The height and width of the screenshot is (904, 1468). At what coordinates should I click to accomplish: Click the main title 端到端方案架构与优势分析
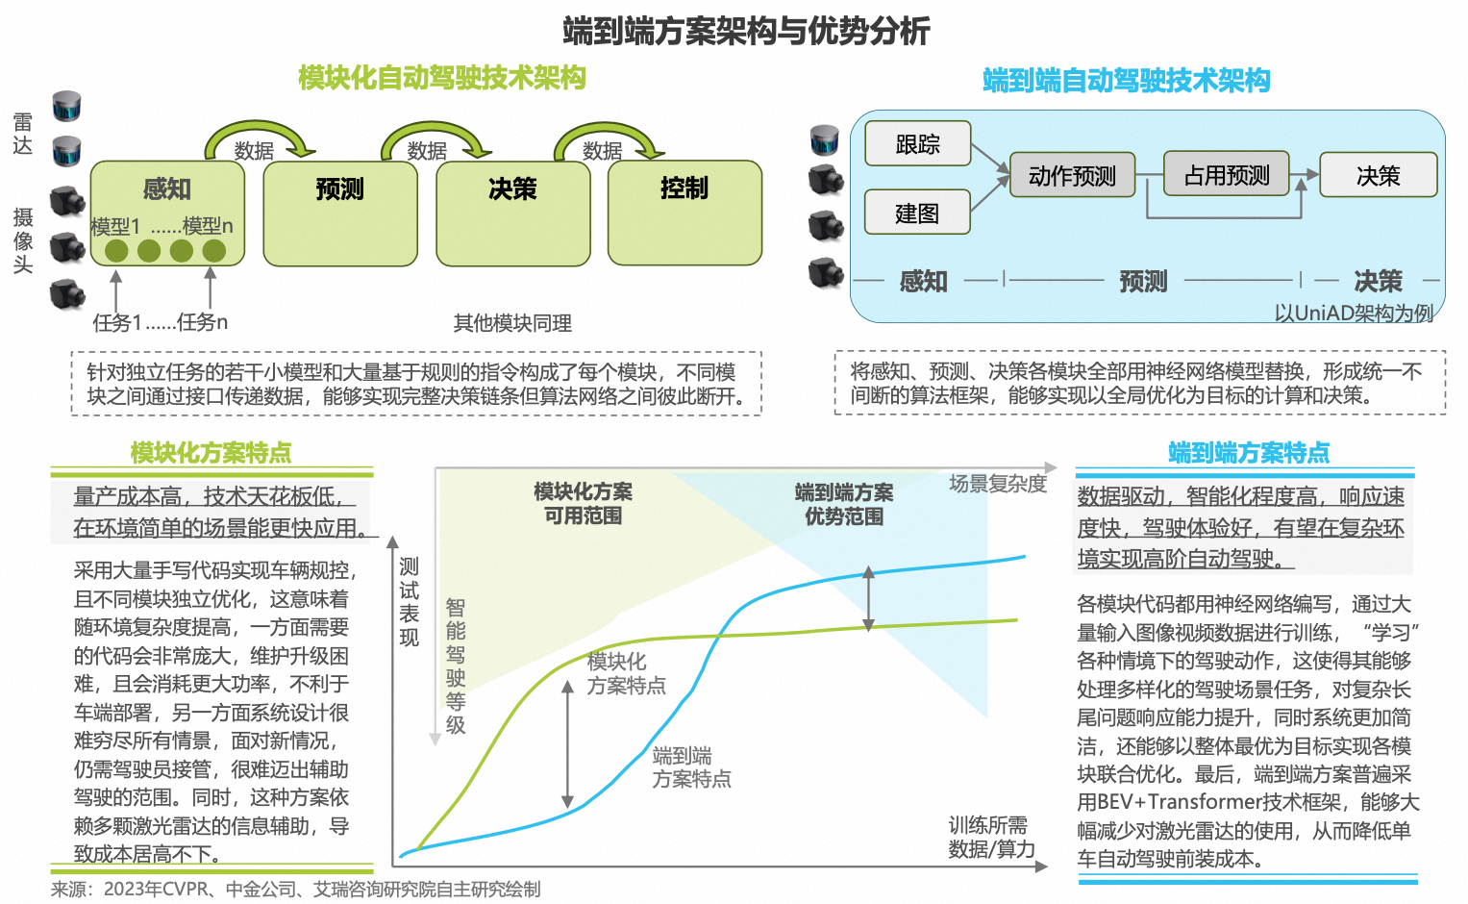(746, 31)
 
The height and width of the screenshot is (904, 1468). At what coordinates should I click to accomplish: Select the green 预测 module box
(340, 213)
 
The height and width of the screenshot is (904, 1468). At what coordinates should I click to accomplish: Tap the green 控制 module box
(684, 213)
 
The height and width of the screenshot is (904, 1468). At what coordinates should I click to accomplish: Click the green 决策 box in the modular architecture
(512, 213)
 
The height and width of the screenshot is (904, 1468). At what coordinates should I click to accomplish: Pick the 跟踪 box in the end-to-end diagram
(917, 144)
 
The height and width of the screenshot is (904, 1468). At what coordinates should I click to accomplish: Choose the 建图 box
(917, 213)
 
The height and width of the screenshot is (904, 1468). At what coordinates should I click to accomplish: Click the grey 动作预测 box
(1072, 175)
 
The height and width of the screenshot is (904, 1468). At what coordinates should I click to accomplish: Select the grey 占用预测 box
(1226, 174)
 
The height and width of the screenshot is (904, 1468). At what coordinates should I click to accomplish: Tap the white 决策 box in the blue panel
(1378, 175)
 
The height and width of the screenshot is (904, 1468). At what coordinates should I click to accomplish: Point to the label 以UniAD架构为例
(1354, 313)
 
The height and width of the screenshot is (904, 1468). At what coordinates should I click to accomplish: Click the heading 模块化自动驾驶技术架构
(441, 78)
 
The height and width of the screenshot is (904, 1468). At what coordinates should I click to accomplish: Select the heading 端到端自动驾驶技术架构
(1126, 80)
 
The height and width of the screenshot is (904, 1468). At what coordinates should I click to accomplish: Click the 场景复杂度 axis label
(998, 483)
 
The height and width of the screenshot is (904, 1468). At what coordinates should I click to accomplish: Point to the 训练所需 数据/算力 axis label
(991, 837)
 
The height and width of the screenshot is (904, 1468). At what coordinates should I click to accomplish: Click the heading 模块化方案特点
(211, 452)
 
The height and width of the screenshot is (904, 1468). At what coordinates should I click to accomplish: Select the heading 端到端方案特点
(1248, 452)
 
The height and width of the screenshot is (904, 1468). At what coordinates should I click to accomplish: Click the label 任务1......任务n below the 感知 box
(160, 322)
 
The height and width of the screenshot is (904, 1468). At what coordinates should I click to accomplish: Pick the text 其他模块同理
(512, 323)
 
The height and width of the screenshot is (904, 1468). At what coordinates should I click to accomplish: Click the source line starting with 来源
(295, 889)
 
